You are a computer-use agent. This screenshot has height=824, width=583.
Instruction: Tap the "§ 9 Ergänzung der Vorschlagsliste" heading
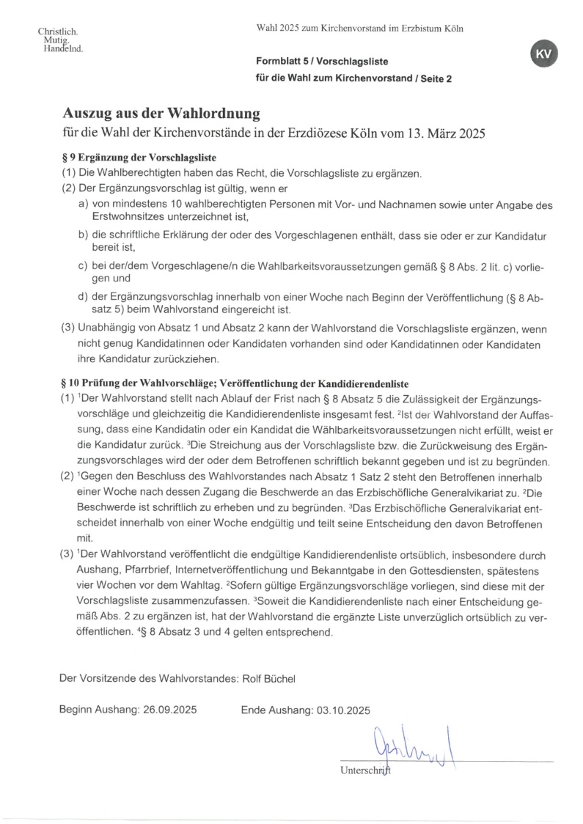(x=138, y=158)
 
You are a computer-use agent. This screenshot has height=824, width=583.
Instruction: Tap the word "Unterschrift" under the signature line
(x=366, y=770)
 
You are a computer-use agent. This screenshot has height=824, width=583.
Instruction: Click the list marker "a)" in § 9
(x=84, y=206)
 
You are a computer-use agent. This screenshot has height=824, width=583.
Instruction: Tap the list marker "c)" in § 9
(x=84, y=266)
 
